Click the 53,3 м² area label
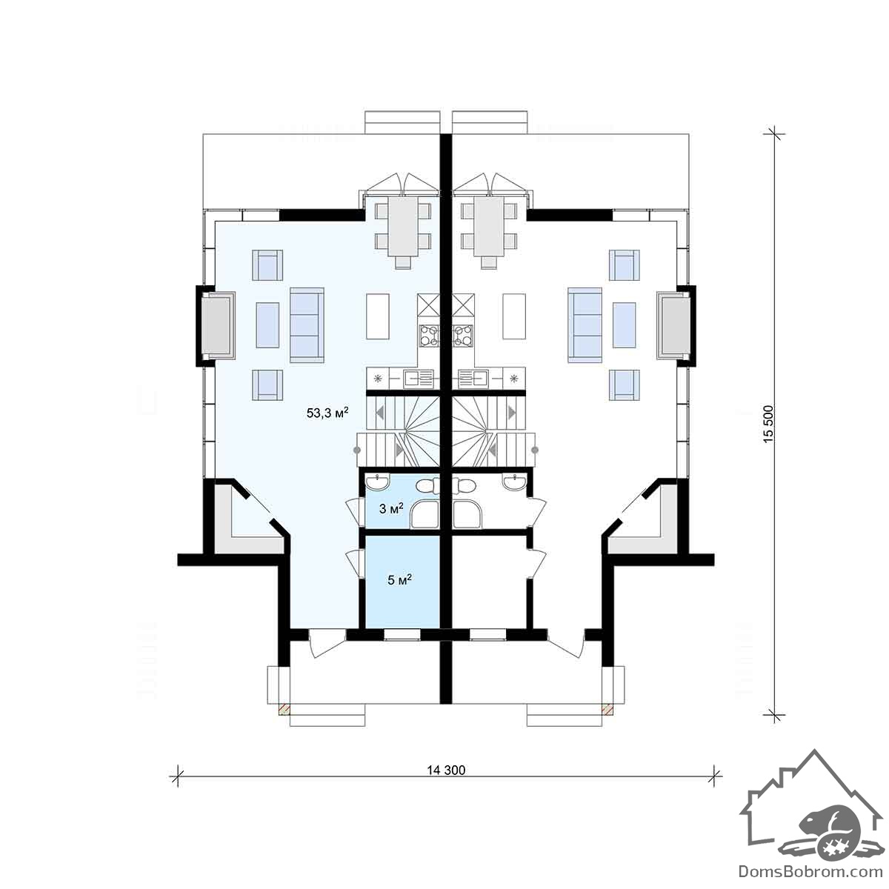pyautogui.click(x=327, y=412)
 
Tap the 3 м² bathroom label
pyautogui.click(x=391, y=508)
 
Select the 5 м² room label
pyautogui.click(x=399, y=580)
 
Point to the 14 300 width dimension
pyautogui.click(x=446, y=770)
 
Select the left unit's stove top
pyautogui.click(x=429, y=336)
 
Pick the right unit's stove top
pyautogui.click(x=463, y=336)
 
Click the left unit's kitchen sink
pyautogui.click(x=419, y=379)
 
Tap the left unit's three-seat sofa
pyautogui.click(x=307, y=325)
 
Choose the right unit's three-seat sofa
pyautogui.click(x=585, y=325)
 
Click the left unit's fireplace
pyautogui.click(x=217, y=326)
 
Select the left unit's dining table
pyautogui.click(x=403, y=227)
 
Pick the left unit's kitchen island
pyautogui.click(x=378, y=316)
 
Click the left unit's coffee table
pyautogui.click(x=267, y=324)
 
